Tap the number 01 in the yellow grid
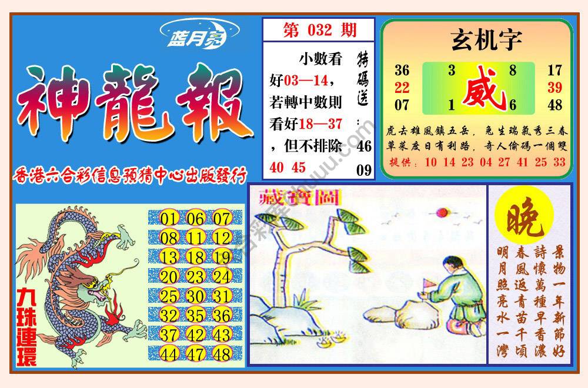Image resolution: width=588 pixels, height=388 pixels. (x=169, y=219)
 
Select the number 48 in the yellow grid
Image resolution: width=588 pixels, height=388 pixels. (x=222, y=354)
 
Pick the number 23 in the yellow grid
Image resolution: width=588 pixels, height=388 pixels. (x=196, y=277)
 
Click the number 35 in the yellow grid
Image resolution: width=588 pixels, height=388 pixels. (x=196, y=315)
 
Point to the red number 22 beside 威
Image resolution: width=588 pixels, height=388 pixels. (x=402, y=88)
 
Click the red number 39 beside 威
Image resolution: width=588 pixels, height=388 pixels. (x=554, y=88)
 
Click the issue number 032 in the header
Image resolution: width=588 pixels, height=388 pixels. (x=319, y=30)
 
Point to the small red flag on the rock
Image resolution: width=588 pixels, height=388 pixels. (x=427, y=284)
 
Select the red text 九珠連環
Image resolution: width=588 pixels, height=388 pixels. (x=26, y=326)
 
